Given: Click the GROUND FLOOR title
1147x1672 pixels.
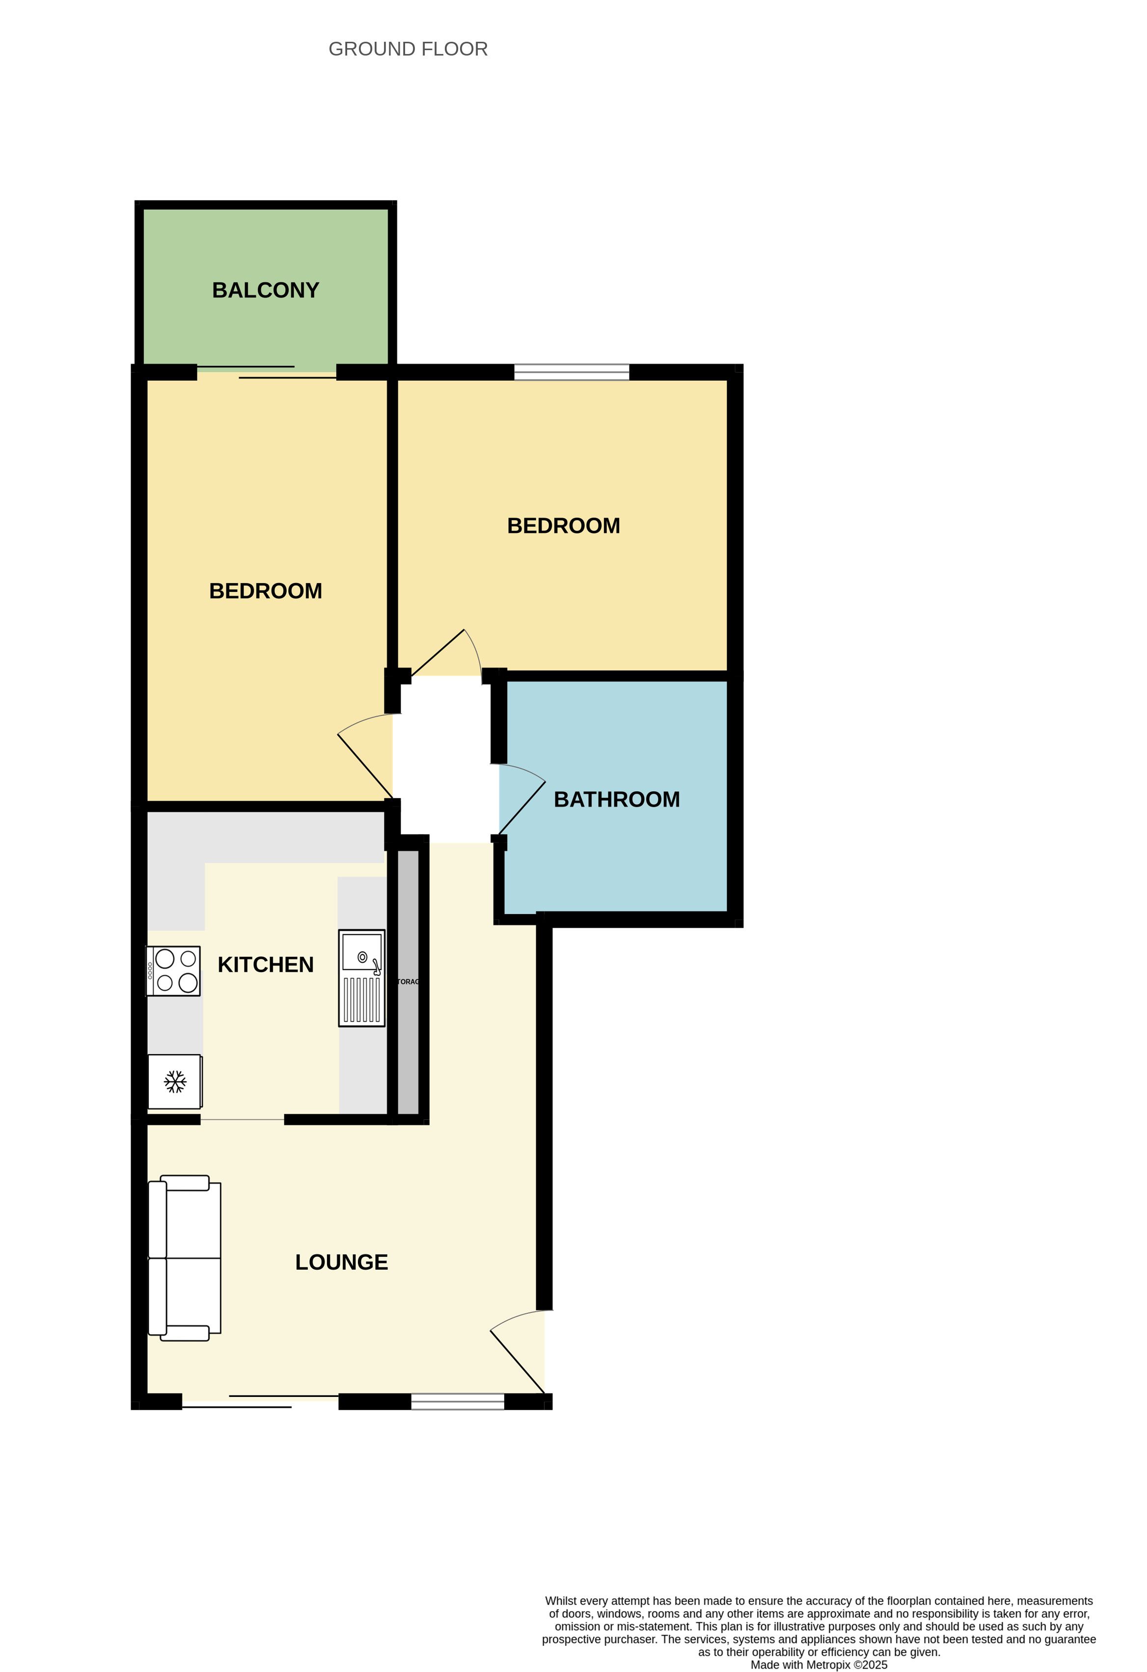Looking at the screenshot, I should (x=408, y=49).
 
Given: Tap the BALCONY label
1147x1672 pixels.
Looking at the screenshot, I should (x=265, y=290).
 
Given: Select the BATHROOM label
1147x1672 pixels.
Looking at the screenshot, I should (x=616, y=799).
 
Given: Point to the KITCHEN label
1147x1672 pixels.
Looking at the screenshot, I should (x=265, y=965).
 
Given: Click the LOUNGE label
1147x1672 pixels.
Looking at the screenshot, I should (x=342, y=1262).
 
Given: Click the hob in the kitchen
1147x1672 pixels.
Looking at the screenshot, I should (x=173, y=971).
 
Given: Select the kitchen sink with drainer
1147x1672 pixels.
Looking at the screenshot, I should (x=362, y=978).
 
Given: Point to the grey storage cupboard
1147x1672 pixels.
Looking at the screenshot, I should (x=408, y=982).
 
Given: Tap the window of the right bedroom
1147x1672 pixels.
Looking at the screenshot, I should (x=572, y=372).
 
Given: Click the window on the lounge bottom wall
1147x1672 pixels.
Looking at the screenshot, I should (x=457, y=1401).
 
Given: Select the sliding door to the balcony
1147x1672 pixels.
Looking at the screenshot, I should (x=266, y=372).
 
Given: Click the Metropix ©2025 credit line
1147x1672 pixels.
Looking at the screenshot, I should (x=819, y=1665).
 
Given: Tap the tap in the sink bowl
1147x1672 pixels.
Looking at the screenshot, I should (x=376, y=967).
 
